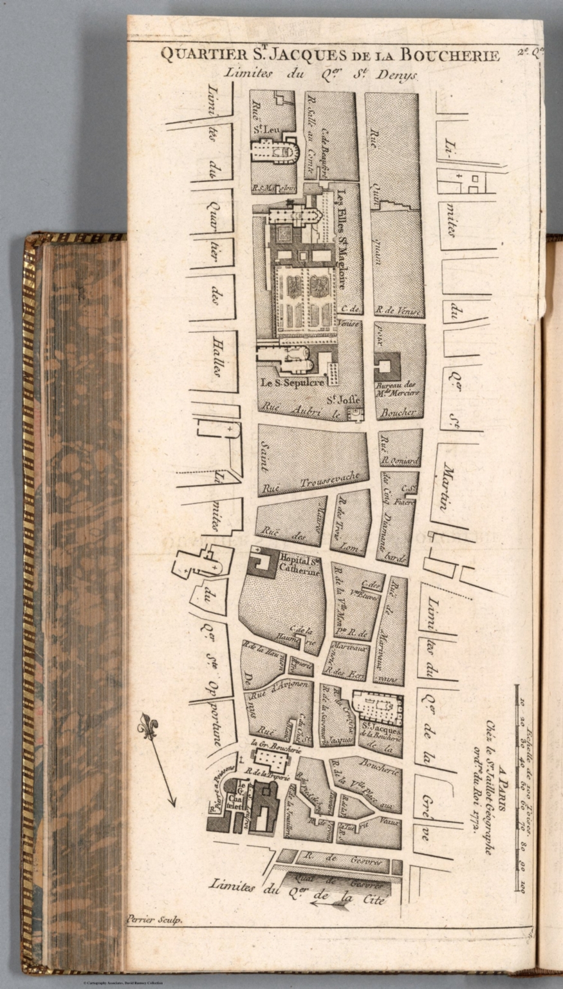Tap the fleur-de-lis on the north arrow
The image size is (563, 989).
point(147,726)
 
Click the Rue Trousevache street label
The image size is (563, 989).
point(329,480)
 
